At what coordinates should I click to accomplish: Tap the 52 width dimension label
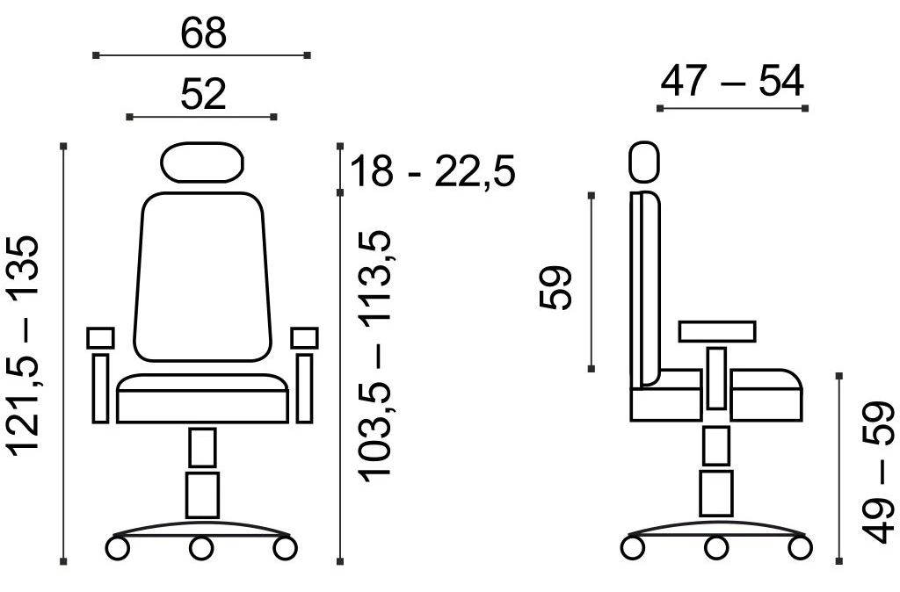tap(203, 94)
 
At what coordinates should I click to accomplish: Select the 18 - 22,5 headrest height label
tap(432, 170)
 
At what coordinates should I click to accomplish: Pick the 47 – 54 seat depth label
tap(732, 81)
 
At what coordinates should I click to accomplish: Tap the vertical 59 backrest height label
tap(555, 287)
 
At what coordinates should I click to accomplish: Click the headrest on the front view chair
tap(201, 162)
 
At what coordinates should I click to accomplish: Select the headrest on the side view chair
tap(644, 162)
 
